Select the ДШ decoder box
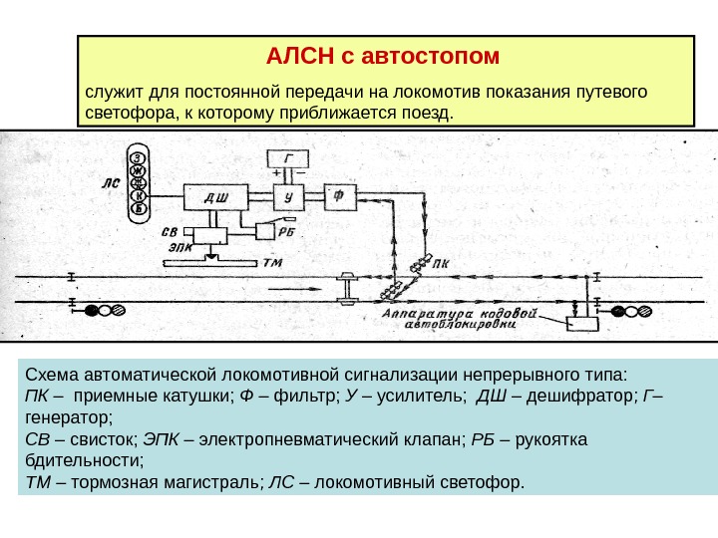(x=215, y=197)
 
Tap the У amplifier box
(x=288, y=197)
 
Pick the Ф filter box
(x=339, y=197)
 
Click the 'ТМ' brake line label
(x=272, y=263)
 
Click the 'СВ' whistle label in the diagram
(x=172, y=231)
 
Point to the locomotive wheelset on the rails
(x=349, y=288)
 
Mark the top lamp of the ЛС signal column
(x=141, y=156)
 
